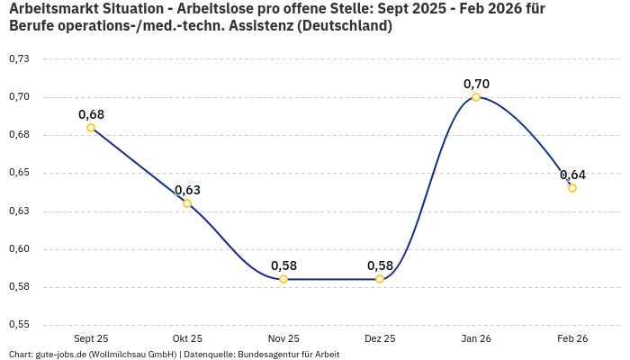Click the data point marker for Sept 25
[91, 128]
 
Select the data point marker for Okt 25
[187, 203]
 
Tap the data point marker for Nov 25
[283, 279]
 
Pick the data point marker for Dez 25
[380, 279]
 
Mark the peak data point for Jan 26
[476, 97]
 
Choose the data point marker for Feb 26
[572, 188]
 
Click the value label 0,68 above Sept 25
[91, 114]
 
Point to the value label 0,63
[187, 190]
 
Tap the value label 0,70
[476, 84]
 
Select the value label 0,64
[572, 175]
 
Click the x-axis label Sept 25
[91, 338]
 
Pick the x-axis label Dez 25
[380, 338]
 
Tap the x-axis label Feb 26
[572, 338]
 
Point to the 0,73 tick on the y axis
[19, 59]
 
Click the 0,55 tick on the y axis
[19, 325]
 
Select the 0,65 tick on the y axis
[19, 173]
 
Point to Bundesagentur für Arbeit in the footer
[288, 354]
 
